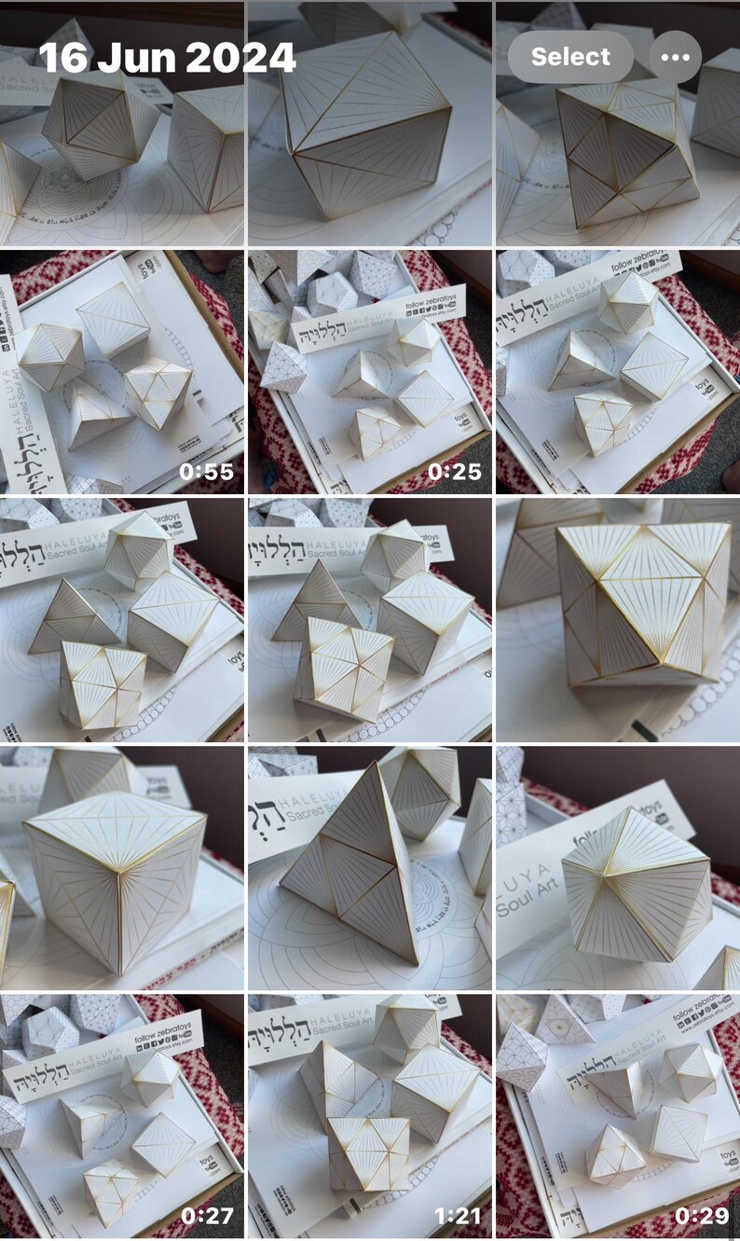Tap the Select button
click(x=570, y=57)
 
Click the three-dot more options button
click(x=675, y=57)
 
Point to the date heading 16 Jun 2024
click(x=167, y=58)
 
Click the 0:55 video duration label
click(x=206, y=472)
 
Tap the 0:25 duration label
click(x=454, y=472)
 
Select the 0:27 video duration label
click(x=206, y=1216)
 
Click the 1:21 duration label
click(x=454, y=1216)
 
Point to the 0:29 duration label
click(x=702, y=1216)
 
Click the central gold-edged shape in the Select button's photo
click(x=624, y=154)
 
